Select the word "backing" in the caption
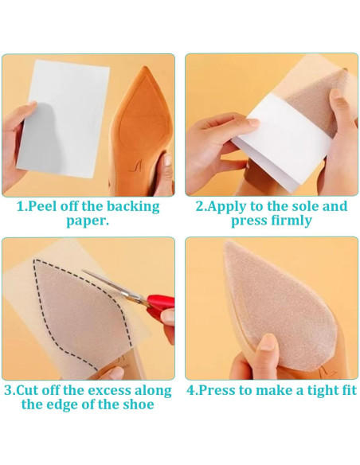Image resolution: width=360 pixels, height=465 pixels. [x=127, y=207]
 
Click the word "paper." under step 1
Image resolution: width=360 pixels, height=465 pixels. [x=88, y=221]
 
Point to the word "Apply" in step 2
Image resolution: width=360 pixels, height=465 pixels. [x=230, y=207]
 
